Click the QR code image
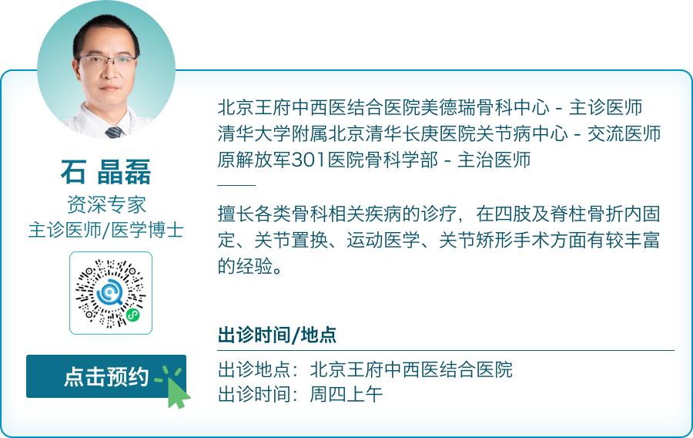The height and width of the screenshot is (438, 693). tap(111, 293)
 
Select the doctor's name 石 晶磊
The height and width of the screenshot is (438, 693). tap(106, 171)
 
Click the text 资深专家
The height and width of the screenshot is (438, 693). tap(106, 204)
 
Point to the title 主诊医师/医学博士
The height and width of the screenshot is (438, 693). tap(106, 229)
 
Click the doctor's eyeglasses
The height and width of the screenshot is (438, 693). tap(107, 61)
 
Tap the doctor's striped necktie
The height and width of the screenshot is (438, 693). tap(114, 132)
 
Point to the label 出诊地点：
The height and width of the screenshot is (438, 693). tap(263, 369)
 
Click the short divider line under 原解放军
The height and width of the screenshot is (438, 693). tap(236, 185)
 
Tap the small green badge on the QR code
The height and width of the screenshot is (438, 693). tap(132, 315)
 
